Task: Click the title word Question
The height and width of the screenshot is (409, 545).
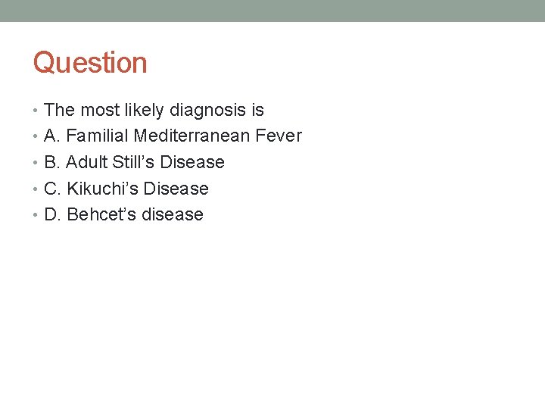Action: pos(90,63)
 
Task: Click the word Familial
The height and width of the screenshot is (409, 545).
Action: pos(97,136)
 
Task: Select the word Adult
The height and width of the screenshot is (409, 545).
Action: pos(87,163)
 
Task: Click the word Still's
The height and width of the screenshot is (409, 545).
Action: pos(135,163)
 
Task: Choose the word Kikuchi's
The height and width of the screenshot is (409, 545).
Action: pos(102,189)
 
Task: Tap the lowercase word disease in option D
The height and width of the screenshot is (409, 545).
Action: pos(173,214)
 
